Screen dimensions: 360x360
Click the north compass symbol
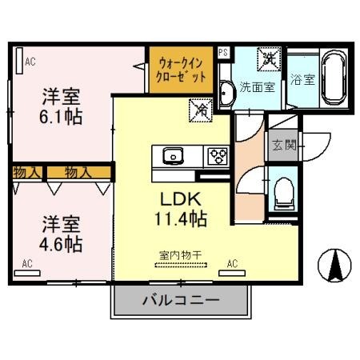pos(335,265)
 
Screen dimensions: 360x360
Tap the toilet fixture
pos(283,192)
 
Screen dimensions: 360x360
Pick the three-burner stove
pos(217,155)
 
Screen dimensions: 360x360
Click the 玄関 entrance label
pos(281,146)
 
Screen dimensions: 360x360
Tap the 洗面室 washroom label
pos(258,87)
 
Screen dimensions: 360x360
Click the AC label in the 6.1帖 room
pos(30,60)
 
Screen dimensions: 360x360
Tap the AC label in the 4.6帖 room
pos(27,262)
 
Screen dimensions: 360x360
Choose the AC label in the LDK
pos(233,262)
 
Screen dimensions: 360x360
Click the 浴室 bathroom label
pos(302,79)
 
